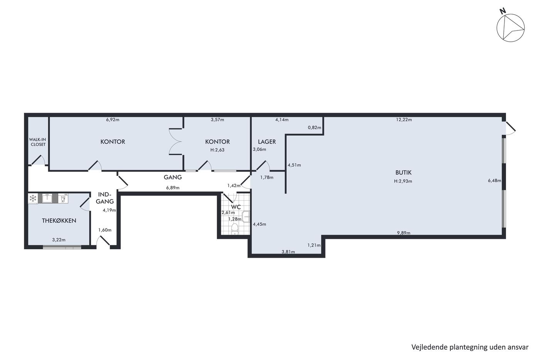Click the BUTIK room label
point(403,172)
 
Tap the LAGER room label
point(267,142)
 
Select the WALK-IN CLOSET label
point(38,142)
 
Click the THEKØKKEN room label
point(59,221)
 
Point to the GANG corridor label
point(173,177)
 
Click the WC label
point(236,207)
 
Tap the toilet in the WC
point(235,229)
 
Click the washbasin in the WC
point(246,216)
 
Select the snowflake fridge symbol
point(33,198)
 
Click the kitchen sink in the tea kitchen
point(47,198)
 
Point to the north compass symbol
point(510,27)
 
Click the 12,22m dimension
point(404,120)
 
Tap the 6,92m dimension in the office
point(113,120)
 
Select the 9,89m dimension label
point(403,233)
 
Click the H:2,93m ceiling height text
point(403,181)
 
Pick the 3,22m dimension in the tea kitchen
point(59,240)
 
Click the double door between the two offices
point(175,142)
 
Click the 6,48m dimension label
point(494,181)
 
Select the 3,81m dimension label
point(288,252)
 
